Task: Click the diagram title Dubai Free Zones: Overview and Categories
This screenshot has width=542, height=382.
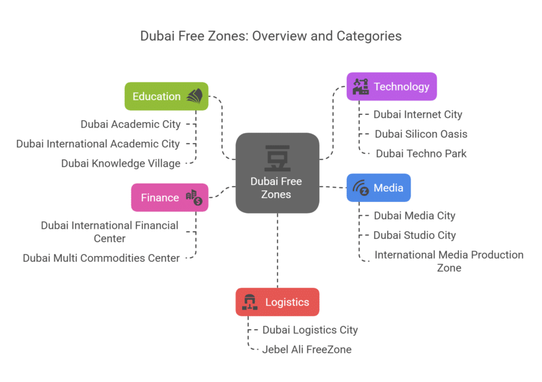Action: point(271,36)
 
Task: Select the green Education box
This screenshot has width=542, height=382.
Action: point(166,96)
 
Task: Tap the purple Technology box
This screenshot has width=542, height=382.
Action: point(392,86)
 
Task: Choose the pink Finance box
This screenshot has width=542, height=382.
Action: point(170,198)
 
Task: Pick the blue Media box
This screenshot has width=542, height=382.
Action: point(378,187)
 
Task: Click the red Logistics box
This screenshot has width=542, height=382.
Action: point(277,302)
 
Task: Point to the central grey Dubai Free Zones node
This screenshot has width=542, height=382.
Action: point(277,173)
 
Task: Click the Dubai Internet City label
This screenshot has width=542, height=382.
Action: point(417,114)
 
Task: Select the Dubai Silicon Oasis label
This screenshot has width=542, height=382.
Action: point(421,134)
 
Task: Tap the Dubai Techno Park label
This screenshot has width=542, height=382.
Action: point(421,153)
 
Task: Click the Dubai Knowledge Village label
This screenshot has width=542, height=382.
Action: point(120,163)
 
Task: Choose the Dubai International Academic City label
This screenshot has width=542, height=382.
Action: point(98,144)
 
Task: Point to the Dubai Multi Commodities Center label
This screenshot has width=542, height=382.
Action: point(101,258)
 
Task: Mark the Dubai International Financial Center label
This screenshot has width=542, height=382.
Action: point(109,232)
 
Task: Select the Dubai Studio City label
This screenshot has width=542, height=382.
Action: point(414,235)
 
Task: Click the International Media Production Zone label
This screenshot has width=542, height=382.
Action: point(448,261)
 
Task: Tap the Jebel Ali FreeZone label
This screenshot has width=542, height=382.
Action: point(307,349)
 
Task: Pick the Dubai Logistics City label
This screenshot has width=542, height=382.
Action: point(310,330)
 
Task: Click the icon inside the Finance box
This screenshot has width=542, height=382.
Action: point(193,197)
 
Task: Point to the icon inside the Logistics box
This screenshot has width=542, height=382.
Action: point(250,302)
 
